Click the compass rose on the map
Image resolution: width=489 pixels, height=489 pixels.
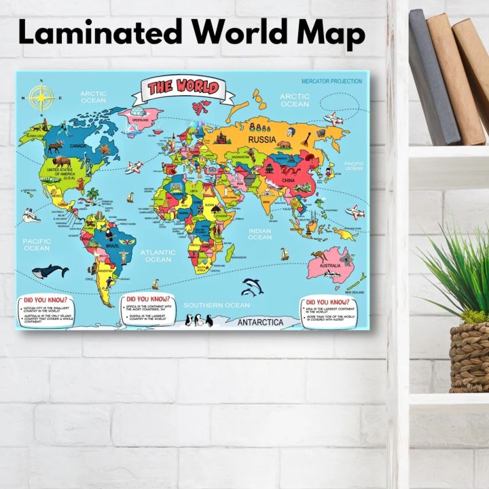[45, 98]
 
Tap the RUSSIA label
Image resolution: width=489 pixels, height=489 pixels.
[262, 141]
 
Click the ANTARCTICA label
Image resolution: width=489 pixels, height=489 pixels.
[260, 323]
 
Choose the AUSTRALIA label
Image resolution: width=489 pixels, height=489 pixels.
[330, 265]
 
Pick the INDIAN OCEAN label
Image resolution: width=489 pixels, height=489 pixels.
[259, 234]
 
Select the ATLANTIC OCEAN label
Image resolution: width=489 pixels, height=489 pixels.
[158, 255]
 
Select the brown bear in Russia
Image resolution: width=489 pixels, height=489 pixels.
[283, 144]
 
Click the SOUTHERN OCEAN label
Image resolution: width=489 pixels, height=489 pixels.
[217, 305]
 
